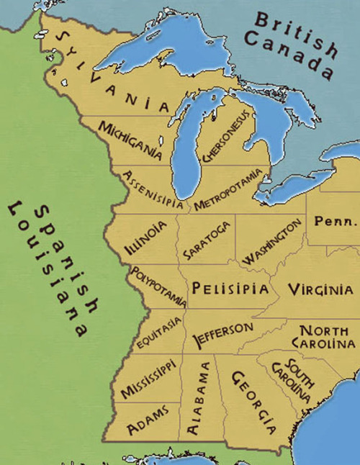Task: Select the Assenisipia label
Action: tap(153, 189)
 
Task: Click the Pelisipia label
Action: tap(230, 289)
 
